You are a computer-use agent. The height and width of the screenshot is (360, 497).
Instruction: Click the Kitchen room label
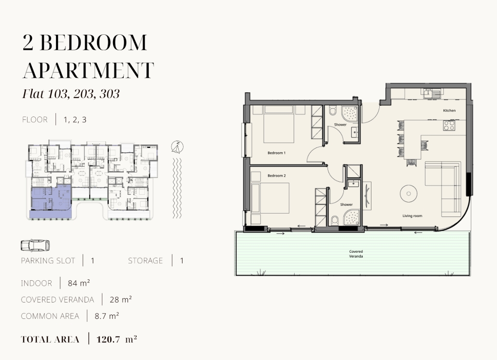[449, 110]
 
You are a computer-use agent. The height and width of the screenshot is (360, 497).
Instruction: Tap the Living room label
[412, 216]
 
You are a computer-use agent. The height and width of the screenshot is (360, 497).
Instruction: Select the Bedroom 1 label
[276, 153]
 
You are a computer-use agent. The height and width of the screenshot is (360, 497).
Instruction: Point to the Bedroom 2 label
[276, 175]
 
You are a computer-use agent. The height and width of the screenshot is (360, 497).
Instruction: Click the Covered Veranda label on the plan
[356, 254]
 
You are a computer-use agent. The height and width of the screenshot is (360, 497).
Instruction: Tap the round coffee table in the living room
[408, 193]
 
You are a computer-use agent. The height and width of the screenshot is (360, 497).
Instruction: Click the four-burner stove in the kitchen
[449, 125]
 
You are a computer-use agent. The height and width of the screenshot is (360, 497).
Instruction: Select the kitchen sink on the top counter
[431, 93]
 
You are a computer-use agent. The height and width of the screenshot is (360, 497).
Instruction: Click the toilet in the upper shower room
[332, 111]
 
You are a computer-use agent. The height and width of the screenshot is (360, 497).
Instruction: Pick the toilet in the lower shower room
[335, 220]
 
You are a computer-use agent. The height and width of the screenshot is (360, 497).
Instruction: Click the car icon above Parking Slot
[35, 245]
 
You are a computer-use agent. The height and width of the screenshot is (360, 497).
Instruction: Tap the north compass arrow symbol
[178, 147]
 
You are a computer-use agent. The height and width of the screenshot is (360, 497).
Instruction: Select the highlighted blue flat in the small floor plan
[51, 202]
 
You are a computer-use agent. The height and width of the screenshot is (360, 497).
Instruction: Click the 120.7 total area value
[108, 339]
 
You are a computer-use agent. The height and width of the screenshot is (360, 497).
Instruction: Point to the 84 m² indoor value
[79, 283]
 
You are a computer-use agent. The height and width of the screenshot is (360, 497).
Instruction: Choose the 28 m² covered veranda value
[120, 300]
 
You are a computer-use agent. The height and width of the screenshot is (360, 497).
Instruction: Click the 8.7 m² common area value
[107, 316]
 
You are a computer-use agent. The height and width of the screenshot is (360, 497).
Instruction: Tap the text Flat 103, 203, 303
[71, 94]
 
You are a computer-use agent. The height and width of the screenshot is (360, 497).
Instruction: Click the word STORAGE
[145, 261]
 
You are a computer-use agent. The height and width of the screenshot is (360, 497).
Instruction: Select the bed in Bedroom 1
[278, 124]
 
